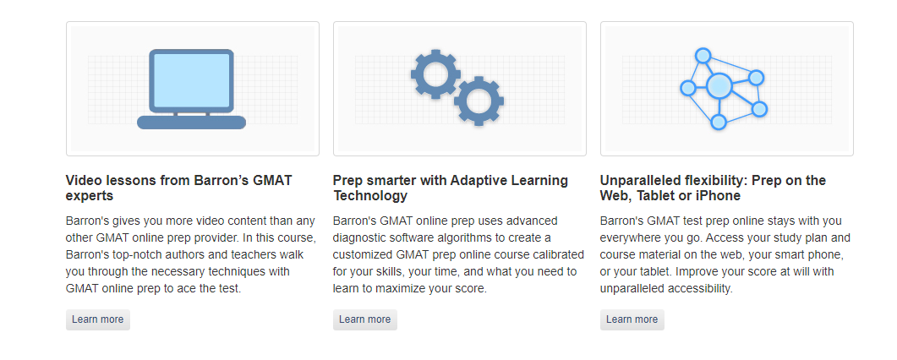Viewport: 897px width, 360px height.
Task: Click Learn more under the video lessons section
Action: [97, 319]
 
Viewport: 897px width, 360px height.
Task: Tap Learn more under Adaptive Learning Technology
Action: [364, 319]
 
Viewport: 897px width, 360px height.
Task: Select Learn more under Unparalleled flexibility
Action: [632, 319]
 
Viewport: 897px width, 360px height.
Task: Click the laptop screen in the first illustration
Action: [191, 80]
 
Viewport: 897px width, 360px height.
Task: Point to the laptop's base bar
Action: [191, 123]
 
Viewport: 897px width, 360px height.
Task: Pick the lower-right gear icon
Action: [479, 101]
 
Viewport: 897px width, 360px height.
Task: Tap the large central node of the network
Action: [719, 85]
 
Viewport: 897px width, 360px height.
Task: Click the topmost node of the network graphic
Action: [702, 56]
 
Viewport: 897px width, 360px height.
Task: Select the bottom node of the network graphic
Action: [719, 122]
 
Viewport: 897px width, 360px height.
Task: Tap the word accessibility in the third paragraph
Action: [697, 288]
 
